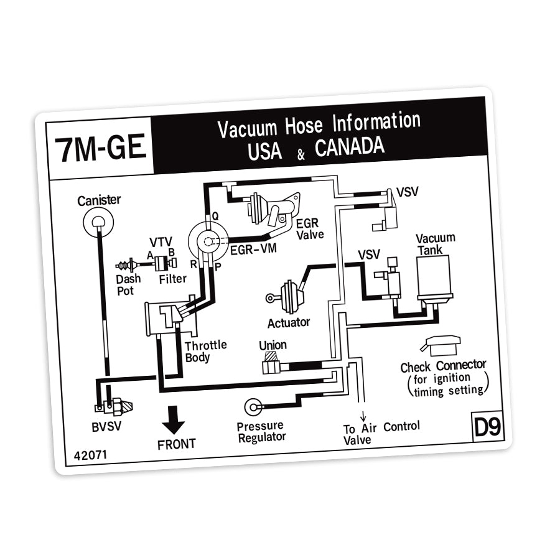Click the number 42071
coord(90,454)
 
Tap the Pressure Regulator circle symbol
coord(253,408)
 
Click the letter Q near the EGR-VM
coord(215,215)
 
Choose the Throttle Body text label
coord(205,351)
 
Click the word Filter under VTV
coord(172,279)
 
